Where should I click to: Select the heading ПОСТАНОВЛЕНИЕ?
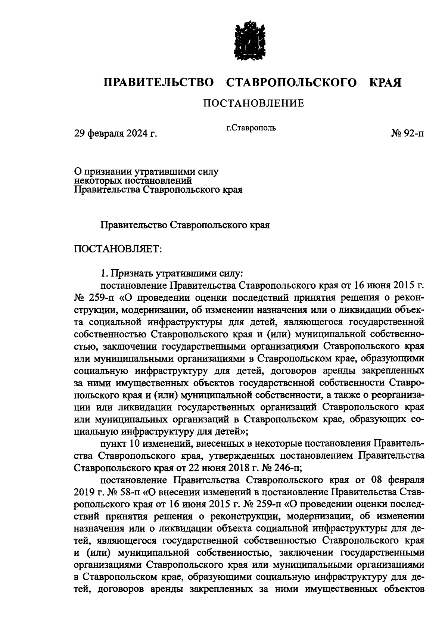[253, 103]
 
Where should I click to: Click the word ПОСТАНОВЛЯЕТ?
[118, 248]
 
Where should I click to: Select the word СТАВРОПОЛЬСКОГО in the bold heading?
[291, 83]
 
